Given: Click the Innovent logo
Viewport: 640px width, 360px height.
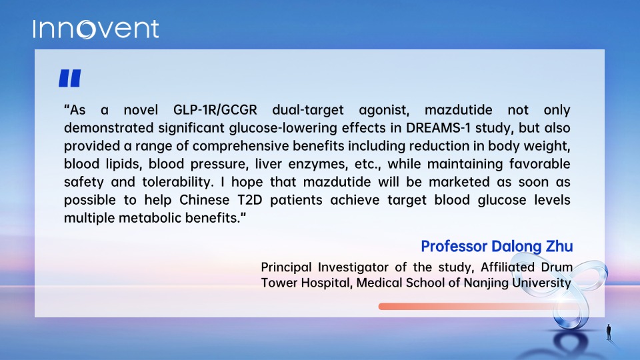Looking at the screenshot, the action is point(96,29).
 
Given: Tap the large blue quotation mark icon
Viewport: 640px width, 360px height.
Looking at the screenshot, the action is point(70,78).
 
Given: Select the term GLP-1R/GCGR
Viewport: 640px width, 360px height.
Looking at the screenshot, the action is point(215,110).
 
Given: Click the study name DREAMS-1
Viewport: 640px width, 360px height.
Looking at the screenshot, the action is point(438,128).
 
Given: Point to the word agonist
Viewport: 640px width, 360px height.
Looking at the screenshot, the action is point(384,110).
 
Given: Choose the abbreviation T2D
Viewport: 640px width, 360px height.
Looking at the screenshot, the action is point(249,200).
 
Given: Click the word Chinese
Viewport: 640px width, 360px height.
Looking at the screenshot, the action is point(204,200).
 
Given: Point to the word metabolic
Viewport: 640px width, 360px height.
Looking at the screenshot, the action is point(150,218).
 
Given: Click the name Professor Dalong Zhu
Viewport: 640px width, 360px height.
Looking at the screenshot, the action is point(497,246).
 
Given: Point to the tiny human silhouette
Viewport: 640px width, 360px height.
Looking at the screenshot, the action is point(609,332).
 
